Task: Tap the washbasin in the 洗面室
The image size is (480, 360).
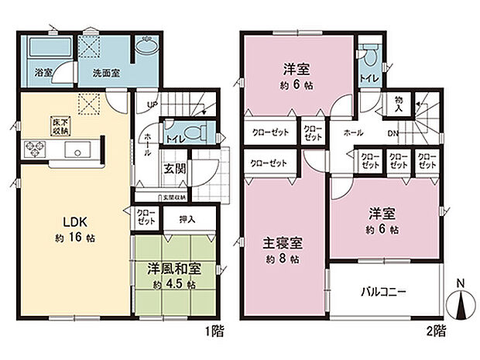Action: [x=145, y=48]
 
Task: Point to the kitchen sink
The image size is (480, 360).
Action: [x=79, y=149]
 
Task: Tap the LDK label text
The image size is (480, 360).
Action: [x=66, y=218]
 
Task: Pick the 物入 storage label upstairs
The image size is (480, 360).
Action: [x=399, y=103]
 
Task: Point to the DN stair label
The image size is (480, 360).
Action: [x=393, y=132]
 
